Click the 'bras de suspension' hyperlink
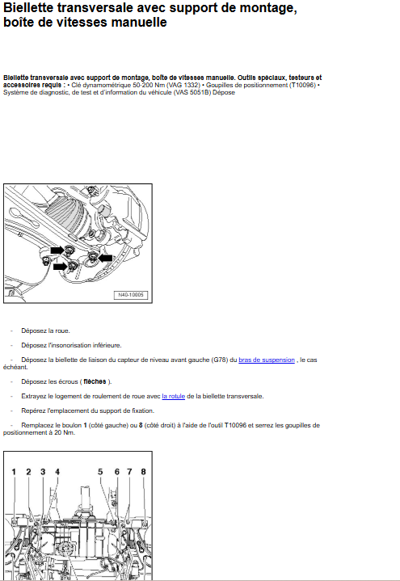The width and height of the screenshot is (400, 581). pyautogui.click(x=267, y=360)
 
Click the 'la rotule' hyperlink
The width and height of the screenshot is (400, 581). pyautogui.click(x=174, y=396)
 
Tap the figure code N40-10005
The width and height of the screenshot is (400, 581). pyautogui.click(x=130, y=295)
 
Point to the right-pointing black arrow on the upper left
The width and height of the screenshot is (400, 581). pyautogui.click(x=57, y=251)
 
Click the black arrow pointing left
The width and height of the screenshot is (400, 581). pyautogui.click(x=105, y=258)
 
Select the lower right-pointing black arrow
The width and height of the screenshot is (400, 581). pyautogui.click(x=60, y=267)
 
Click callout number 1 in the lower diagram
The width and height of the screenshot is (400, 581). pyautogui.click(x=14, y=472)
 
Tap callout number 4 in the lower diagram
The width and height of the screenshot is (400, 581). pyautogui.click(x=57, y=472)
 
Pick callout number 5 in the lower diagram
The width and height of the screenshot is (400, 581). pyautogui.click(x=100, y=472)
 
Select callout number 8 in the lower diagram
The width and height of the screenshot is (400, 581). pyautogui.click(x=144, y=472)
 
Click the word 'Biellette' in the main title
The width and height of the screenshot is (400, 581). pyautogui.click(x=27, y=7)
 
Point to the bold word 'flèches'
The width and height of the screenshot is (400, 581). pyautogui.click(x=95, y=381)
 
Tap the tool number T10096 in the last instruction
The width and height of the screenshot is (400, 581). pyautogui.click(x=235, y=425)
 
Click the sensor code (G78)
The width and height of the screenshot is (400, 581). pyautogui.click(x=221, y=360)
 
